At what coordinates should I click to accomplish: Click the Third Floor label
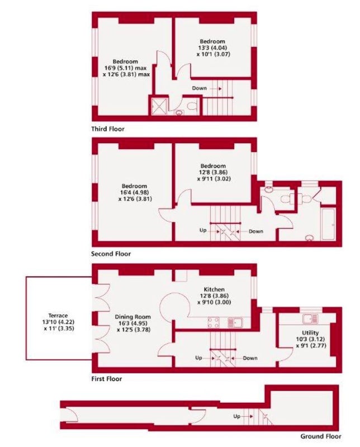pos(108,129)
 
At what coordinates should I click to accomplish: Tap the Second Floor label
pos(111,254)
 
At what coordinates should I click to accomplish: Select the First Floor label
pos(106,379)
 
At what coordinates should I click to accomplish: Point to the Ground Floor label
pos(321,436)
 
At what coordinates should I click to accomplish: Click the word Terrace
pos(58,316)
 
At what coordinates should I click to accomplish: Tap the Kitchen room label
pos(214,289)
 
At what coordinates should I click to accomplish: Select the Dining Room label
pos(132,317)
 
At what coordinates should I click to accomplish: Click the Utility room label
pos(310,332)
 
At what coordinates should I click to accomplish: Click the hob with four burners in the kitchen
pos(214,323)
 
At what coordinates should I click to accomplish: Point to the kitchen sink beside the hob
pos(235,323)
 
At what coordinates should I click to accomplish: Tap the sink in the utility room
pos(310,318)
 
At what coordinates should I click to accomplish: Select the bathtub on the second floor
pos(328,224)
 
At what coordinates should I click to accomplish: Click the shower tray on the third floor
pos(159,106)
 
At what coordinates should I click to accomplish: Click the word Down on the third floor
pos(199,88)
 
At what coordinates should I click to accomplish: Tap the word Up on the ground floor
pos(237,416)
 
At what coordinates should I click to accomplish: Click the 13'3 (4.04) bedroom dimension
pos(212,48)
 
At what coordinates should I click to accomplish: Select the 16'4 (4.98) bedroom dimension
pos(134,193)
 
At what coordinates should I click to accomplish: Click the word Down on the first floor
pos(250,358)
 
